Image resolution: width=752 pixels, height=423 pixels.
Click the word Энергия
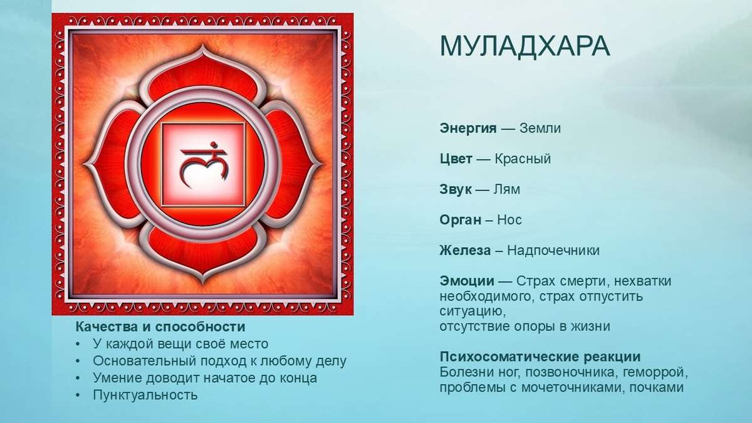[468, 128]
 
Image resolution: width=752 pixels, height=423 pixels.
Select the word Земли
[540, 128]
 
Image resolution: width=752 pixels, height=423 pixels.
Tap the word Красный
[523, 159]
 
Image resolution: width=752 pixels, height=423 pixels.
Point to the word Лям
[507, 189]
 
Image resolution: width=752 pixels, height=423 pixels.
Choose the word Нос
[509, 220]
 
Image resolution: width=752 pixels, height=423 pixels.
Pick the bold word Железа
[466, 251]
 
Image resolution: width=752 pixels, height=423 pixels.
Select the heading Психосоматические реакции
[540, 357]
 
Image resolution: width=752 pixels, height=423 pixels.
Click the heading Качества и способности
[160, 327]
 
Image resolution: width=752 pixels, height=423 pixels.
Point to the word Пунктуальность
[145, 395]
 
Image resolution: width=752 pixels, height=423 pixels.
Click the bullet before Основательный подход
[78, 362]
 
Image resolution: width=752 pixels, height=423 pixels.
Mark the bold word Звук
[456, 189]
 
